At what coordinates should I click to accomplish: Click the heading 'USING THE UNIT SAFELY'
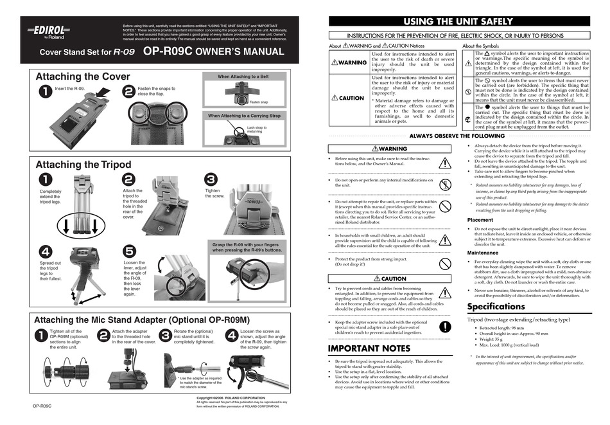(x=457, y=21)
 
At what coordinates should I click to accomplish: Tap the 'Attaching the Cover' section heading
(x=83, y=77)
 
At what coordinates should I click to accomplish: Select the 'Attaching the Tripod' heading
(x=83, y=165)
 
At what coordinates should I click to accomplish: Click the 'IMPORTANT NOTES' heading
(x=369, y=348)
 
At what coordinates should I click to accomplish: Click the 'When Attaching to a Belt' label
(x=243, y=77)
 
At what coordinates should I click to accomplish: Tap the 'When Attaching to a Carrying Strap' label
(x=243, y=116)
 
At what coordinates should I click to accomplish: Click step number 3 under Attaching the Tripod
(x=211, y=179)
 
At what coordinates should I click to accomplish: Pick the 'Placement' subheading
(x=480, y=220)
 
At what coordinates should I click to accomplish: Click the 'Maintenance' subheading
(x=482, y=253)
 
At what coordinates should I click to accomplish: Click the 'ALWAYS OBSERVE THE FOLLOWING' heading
(x=457, y=136)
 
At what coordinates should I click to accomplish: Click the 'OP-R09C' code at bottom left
(x=42, y=406)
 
